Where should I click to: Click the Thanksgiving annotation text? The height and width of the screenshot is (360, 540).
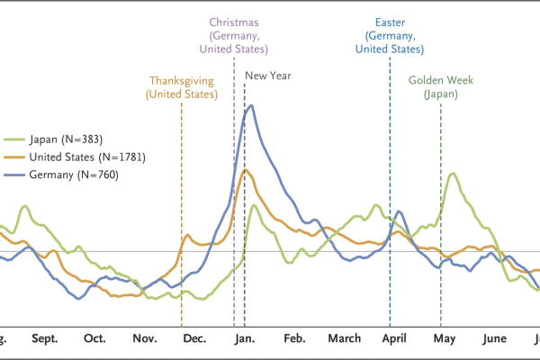pos(183,80)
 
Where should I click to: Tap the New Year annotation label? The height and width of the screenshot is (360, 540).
pos(268,76)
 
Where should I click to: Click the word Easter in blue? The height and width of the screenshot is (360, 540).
pos(390,21)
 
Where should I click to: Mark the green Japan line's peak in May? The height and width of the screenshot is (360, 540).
pos(454,174)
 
